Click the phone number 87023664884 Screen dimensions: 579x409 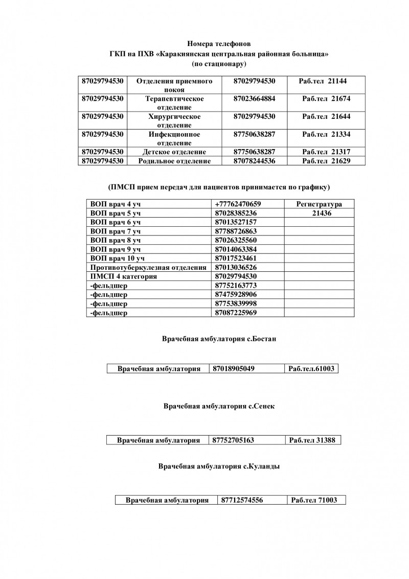coord(254,98)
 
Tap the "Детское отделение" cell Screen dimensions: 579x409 coord(175,152)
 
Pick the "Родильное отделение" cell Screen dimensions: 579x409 coord(175,161)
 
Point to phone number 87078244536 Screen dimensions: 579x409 coord(254,161)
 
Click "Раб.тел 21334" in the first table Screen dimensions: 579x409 coord(326,134)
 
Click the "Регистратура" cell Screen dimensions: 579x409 coord(319,204)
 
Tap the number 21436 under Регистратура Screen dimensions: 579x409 coord(319,213)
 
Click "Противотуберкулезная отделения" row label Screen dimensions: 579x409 coord(148,267)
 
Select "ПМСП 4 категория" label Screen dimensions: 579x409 coord(123,276)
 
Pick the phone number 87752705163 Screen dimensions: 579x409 coord(233,440)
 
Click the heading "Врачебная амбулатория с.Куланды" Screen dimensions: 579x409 coord(219,466)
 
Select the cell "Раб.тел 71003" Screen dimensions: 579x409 coord(314,500)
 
